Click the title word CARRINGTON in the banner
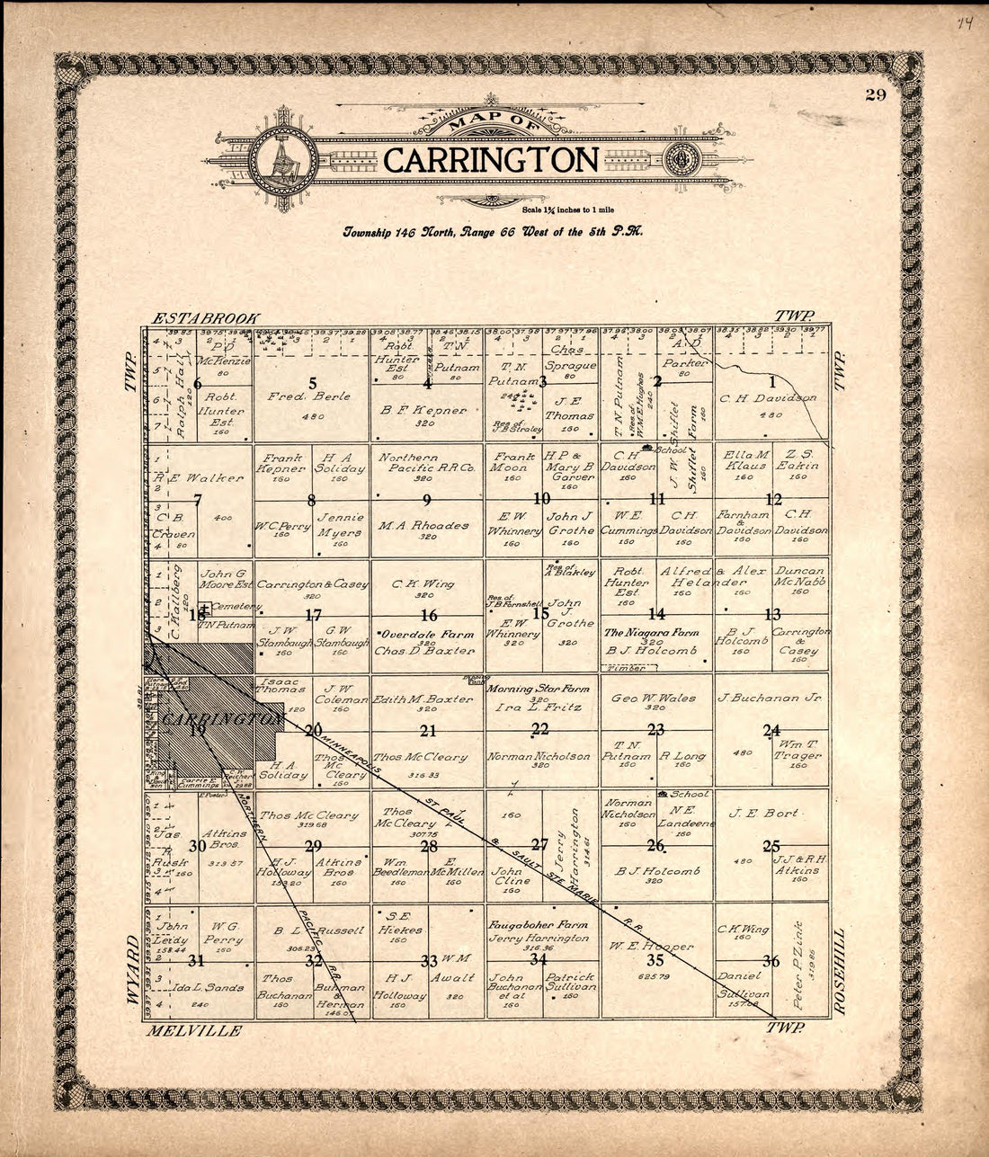tap(491, 160)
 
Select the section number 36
tap(771, 961)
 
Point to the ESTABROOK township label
tap(206, 318)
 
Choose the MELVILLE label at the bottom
tap(195, 1030)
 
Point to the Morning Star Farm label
tap(538, 690)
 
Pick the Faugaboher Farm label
tap(538, 924)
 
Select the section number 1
tap(771, 381)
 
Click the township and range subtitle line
tap(491, 232)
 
